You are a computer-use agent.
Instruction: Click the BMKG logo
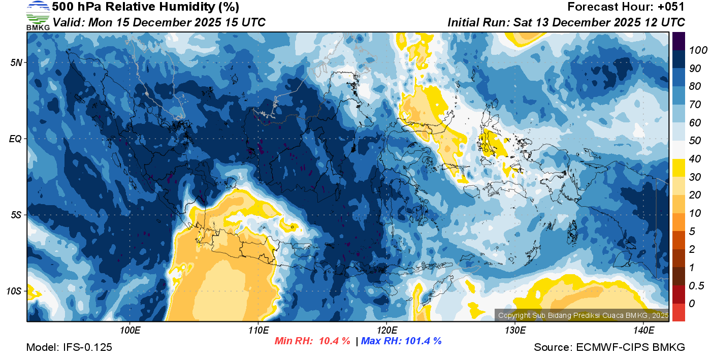[x=38, y=15]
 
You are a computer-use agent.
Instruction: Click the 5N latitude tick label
[x=16, y=62]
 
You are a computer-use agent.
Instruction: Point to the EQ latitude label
[x=16, y=139]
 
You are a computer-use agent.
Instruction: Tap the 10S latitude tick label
[x=14, y=291]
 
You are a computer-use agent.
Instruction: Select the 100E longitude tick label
[x=130, y=330]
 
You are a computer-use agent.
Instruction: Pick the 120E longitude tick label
[x=386, y=330]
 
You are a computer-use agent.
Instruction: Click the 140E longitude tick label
[x=643, y=330]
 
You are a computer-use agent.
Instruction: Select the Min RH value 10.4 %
[x=334, y=341]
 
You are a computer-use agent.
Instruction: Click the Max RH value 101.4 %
[x=422, y=341]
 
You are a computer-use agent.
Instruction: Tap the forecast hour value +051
[x=671, y=7]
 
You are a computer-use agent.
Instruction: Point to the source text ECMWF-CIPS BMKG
[x=630, y=348]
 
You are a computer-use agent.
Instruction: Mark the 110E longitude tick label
[x=258, y=330]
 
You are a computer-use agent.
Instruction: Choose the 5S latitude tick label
[x=16, y=215]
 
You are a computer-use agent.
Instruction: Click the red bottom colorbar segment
[x=678, y=312]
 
